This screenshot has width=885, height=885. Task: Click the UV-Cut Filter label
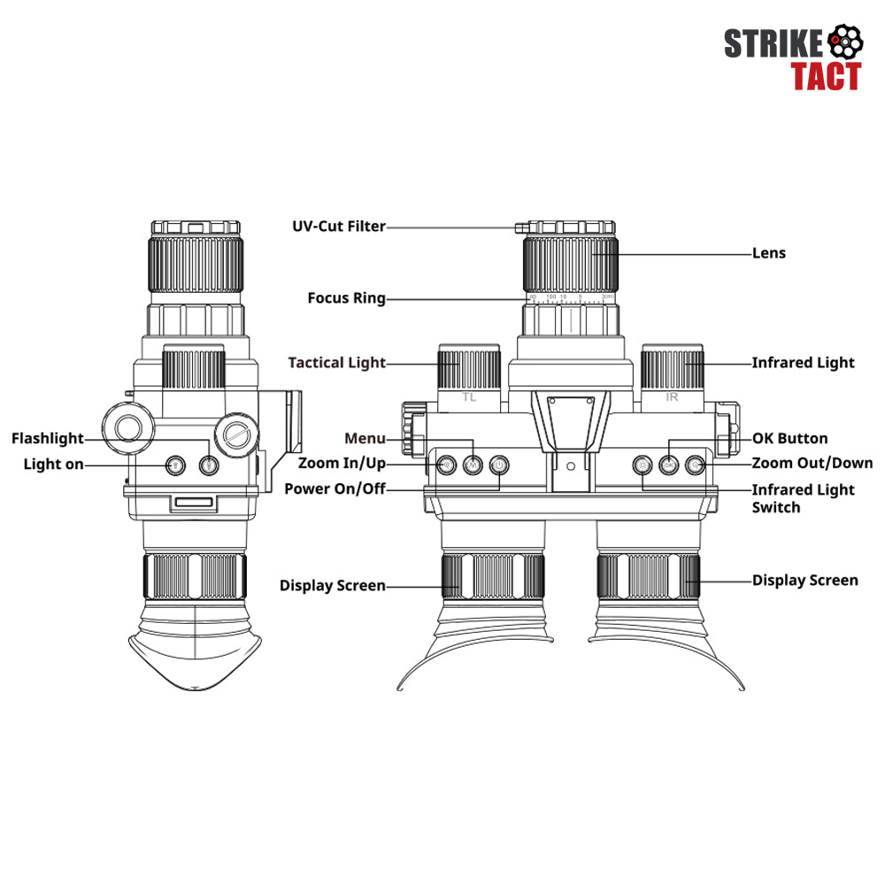[x=339, y=227]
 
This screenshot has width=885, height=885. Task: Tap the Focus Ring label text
[x=347, y=298]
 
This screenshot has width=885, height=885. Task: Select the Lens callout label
[x=769, y=253]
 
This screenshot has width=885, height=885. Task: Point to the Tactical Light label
[x=337, y=362]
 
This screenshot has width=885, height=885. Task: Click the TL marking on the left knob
[x=469, y=396]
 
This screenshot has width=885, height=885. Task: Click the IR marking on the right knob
[x=672, y=396]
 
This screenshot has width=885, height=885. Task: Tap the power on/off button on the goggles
[x=499, y=466]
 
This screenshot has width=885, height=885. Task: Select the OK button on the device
[x=669, y=466]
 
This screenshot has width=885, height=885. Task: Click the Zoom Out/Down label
[x=812, y=464]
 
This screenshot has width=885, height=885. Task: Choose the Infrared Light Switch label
[x=804, y=498]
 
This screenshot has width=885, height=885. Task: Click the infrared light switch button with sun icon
[x=643, y=466]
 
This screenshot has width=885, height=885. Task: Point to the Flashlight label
[x=48, y=439]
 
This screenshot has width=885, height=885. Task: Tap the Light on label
[x=54, y=465]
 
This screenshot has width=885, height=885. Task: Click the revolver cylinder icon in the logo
[x=845, y=42]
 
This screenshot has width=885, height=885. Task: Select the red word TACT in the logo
[x=826, y=76]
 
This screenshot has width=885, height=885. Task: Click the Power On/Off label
[x=335, y=489]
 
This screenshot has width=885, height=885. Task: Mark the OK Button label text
[x=790, y=439]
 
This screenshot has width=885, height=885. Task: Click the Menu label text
[x=366, y=439]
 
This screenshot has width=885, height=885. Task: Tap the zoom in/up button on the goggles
[x=446, y=466]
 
